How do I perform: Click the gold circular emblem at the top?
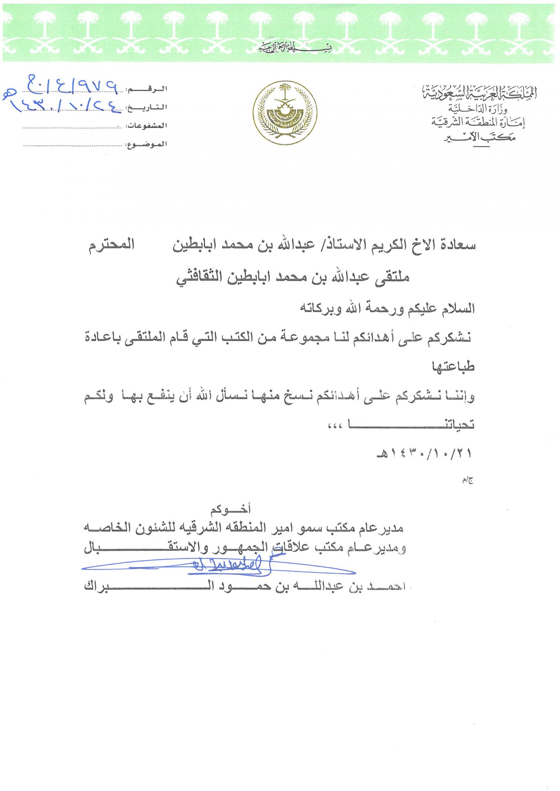coord(284,112)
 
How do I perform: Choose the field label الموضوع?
coord(147,144)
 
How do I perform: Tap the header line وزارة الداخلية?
coord(477,109)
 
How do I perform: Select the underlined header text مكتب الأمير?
coord(479,137)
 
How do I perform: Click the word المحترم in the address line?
coord(111,245)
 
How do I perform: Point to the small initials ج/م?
coord(467,481)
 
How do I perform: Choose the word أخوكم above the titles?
coord(230,509)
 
